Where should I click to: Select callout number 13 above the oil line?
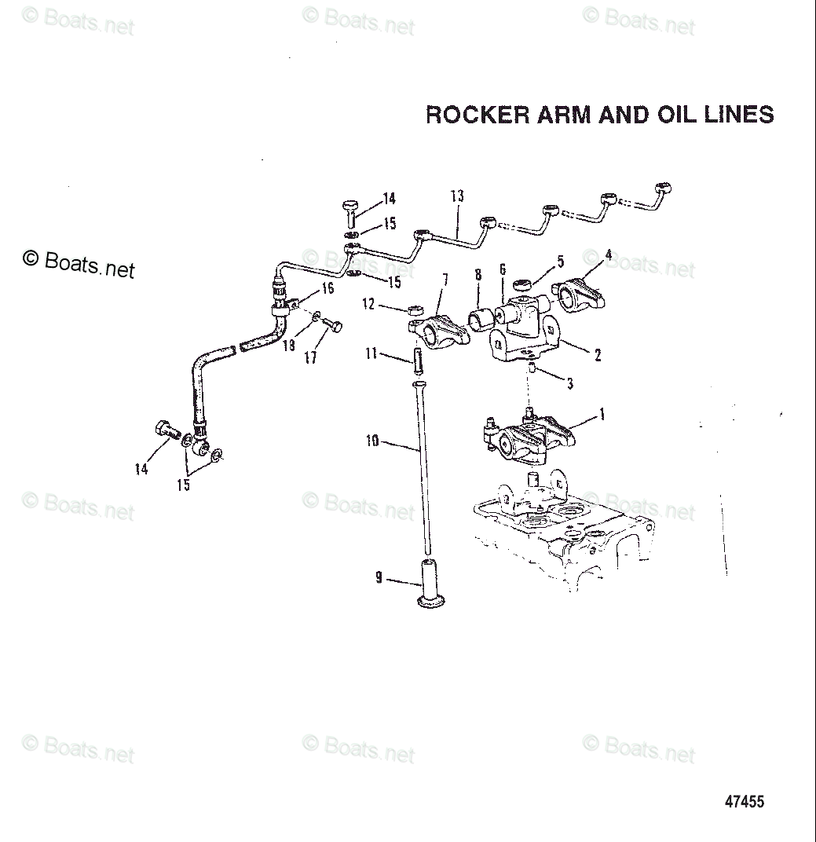point(458,196)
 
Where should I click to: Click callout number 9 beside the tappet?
point(379,579)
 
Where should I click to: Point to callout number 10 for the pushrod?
point(371,441)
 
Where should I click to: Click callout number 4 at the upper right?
point(608,254)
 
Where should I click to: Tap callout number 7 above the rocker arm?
point(445,279)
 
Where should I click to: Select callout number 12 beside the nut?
point(368,303)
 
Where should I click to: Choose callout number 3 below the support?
point(570,384)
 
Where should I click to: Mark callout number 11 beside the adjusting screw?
point(371,355)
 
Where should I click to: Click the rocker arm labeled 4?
point(582,291)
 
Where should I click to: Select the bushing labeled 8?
point(481,319)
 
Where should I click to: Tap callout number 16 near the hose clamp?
point(327,288)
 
